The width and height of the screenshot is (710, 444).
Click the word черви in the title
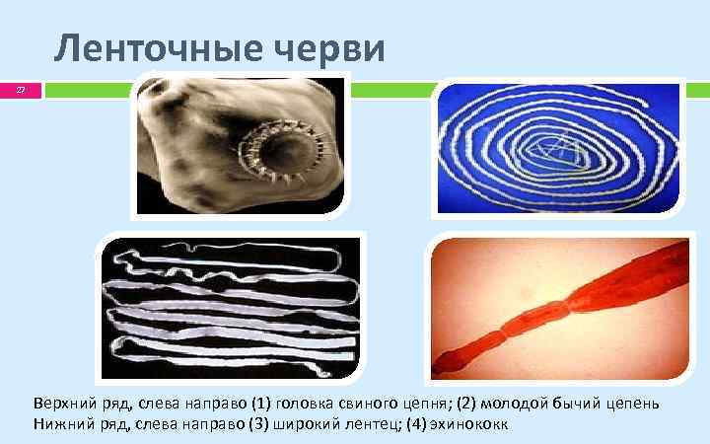[335, 49]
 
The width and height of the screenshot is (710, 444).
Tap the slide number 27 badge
[22, 91]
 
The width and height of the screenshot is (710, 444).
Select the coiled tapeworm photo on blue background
[559, 148]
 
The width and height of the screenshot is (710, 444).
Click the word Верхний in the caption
[62, 405]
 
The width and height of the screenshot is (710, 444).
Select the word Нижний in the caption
[59, 424]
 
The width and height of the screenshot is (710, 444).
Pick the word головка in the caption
[308, 405]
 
